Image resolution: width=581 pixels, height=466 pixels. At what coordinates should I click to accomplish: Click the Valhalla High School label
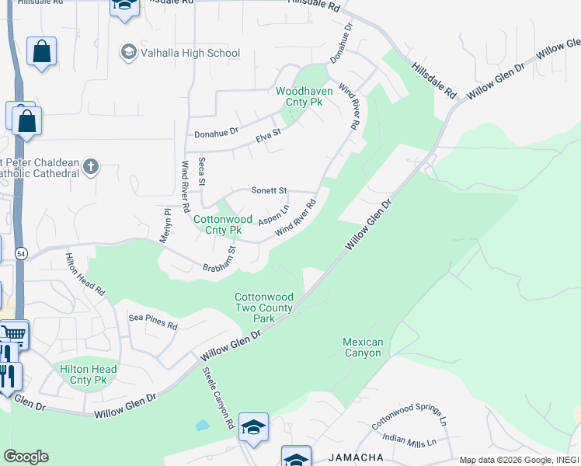coord(190,53)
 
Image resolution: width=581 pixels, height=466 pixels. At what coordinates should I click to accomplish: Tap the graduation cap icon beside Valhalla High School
coord(127,52)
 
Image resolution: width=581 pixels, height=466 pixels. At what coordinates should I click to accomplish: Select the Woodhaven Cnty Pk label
coord(304,96)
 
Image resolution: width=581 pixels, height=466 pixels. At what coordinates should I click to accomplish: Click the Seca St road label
coord(201,171)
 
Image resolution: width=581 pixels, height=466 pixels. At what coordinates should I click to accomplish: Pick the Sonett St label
coord(270,190)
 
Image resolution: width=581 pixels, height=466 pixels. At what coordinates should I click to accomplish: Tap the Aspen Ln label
coord(273,214)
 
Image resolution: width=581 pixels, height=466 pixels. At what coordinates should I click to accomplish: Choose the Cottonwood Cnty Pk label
coord(217,224)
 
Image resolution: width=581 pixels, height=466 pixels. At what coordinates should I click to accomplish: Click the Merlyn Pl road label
coord(165,226)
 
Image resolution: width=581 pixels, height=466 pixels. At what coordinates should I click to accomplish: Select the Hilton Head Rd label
coord(85,274)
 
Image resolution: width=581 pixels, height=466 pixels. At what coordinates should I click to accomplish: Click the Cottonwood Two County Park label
coord(265,308)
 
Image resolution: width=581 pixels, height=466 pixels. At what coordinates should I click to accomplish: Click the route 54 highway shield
coord(20,254)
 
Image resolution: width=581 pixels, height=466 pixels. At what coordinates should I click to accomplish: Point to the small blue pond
coord(202,425)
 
